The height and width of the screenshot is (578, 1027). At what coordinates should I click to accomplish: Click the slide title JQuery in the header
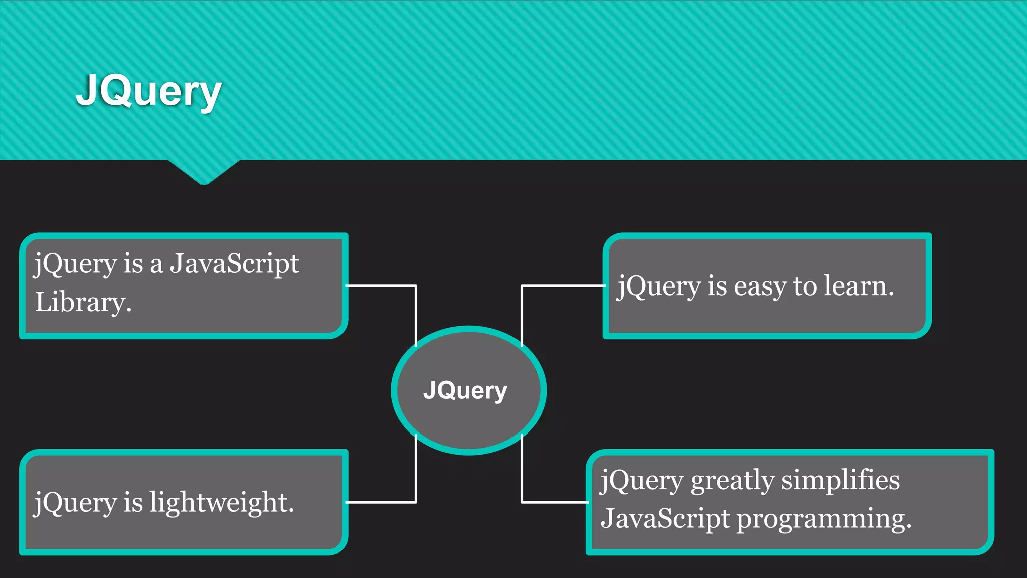click(148, 91)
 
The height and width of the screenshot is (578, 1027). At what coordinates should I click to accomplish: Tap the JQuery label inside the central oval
click(465, 390)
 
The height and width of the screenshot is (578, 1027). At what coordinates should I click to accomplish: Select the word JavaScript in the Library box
click(234, 263)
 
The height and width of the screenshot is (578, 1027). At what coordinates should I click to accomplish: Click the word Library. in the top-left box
click(83, 302)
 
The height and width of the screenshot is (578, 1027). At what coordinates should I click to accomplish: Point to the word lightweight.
click(222, 502)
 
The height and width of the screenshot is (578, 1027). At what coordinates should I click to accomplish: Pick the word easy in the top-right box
click(760, 286)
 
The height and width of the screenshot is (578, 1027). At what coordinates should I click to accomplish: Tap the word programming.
click(823, 519)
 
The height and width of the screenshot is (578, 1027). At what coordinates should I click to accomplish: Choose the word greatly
click(732, 481)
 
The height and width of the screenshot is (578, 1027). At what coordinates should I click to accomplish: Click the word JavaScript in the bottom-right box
click(665, 518)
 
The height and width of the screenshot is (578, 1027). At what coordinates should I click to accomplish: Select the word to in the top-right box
click(805, 286)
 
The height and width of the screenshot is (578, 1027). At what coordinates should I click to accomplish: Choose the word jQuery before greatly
click(642, 480)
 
